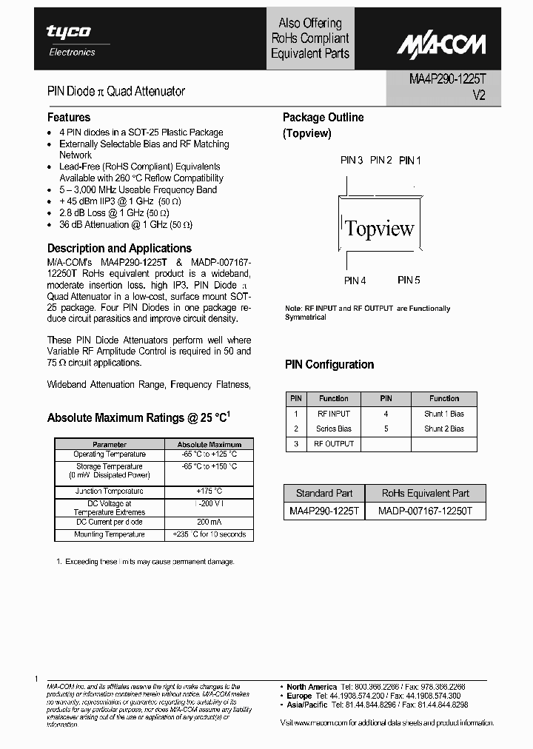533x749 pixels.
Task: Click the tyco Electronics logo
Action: pyautogui.click(x=69, y=38)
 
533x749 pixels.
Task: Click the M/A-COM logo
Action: pyautogui.click(x=440, y=45)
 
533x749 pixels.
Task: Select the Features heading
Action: pyautogui.click(x=69, y=118)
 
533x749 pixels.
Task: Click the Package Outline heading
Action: pyautogui.click(x=323, y=118)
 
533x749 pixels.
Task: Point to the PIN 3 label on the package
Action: pyautogui.click(x=351, y=161)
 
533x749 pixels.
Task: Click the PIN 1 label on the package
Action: pyautogui.click(x=409, y=161)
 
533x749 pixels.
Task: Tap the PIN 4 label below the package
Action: pyautogui.click(x=355, y=281)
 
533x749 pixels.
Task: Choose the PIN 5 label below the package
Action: pyautogui.click(x=409, y=281)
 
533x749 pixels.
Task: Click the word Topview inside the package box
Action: pyautogui.click(x=380, y=228)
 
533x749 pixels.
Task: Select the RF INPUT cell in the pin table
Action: pyautogui.click(x=334, y=414)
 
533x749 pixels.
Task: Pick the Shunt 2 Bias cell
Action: pyautogui.click(x=444, y=429)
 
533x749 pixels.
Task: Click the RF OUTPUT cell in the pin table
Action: pyautogui.click(x=334, y=444)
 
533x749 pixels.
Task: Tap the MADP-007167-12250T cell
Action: pyautogui.click(x=426, y=511)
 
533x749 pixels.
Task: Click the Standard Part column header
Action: pyautogui.click(x=324, y=494)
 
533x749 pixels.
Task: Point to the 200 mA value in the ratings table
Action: pyautogui.click(x=209, y=522)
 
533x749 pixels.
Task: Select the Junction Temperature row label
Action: pyautogui.click(x=110, y=491)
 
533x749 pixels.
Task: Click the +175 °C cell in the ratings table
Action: pyautogui.click(x=209, y=491)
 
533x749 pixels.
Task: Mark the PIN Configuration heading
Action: pyautogui.click(x=329, y=365)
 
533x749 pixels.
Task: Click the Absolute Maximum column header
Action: pyautogui.click(x=209, y=444)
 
